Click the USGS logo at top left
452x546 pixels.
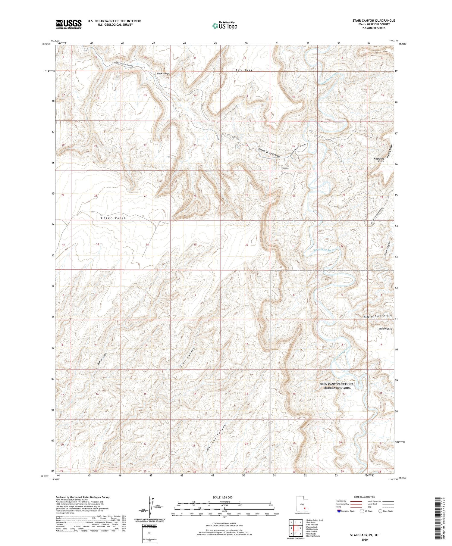coord(69,24)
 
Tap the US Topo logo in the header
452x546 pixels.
coord(225,26)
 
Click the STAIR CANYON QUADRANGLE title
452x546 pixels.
coord(374,20)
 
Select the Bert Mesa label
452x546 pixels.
coord(244,70)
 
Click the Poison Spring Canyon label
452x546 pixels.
coord(269,153)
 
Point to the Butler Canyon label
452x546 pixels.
coord(102,359)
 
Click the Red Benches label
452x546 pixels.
coord(385,329)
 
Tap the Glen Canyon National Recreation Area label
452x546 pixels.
coord(337,386)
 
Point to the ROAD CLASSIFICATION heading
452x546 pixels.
coord(364,497)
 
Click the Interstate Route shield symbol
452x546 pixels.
coord(339,511)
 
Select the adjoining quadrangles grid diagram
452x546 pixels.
coord(296,528)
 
